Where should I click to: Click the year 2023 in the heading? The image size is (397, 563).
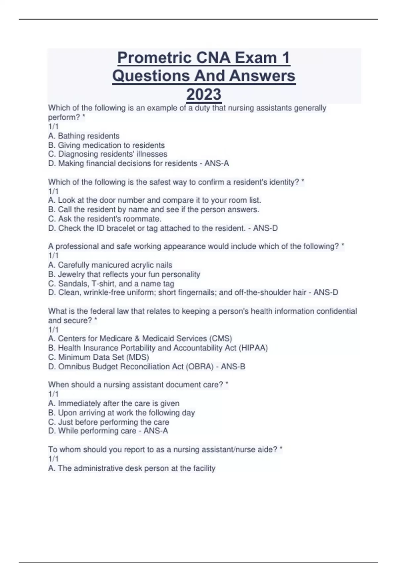pos(204,94)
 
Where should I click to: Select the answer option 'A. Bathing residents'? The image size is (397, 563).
pos(84,136)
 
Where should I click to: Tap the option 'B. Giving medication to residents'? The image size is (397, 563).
pos(106,145)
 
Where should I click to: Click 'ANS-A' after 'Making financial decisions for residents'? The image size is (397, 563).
pos(217,163)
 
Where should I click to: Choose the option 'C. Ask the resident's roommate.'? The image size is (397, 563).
pos(105,219)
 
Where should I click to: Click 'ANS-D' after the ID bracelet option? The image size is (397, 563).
pos(265,228)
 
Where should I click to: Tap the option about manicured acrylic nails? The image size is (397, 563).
pos(110,265)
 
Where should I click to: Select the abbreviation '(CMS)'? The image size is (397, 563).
pos(220,338)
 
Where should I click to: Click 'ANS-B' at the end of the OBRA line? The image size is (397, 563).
pos(233,367)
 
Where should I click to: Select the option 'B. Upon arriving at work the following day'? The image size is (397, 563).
pos(121,413)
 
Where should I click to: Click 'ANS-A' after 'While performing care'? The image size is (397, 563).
pos(156,431)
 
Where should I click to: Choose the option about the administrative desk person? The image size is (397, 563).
pos(132,468)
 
